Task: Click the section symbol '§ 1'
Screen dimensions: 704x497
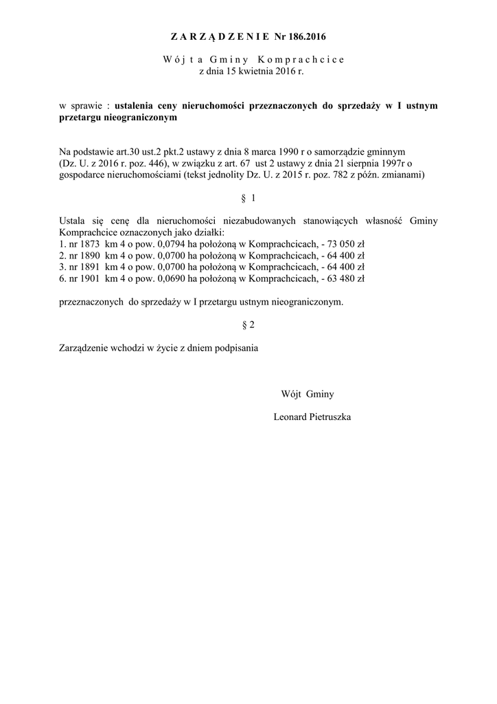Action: tap(248, 198)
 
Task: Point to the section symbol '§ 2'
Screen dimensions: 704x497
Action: tap(248, 324)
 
